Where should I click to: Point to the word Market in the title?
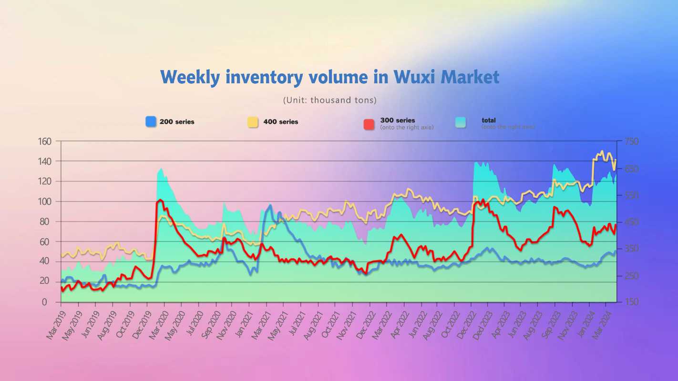(x=470, y=77)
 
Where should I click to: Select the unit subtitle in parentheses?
(x=330, y=100)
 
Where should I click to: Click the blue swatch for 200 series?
(x=151, y=122)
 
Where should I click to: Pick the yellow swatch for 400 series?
(x=253, y=122)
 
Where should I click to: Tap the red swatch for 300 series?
(x=369, y=124)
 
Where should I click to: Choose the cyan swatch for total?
(x=461, y=122)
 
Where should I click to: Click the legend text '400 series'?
(x=281, y=122)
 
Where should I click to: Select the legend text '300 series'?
(x=398, y=120)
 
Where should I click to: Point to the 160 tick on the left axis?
(x=44, y=141)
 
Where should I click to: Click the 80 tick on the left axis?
(x=47, y=221)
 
